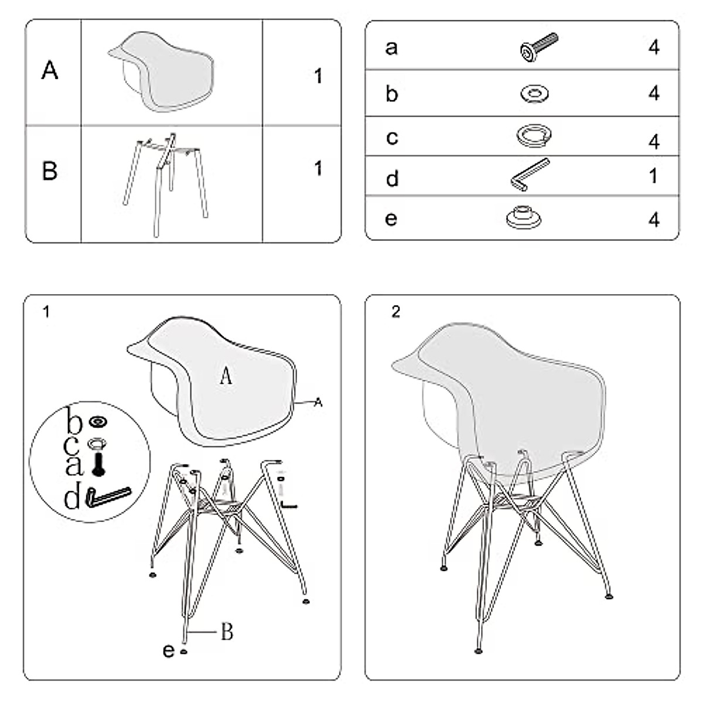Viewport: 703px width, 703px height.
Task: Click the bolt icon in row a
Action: point(538,47)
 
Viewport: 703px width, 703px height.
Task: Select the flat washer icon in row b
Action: point(534,93)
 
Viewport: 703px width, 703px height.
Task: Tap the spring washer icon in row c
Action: point(534,135)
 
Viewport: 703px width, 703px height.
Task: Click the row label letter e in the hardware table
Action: point(391,219)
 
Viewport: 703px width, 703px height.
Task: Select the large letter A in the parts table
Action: point(50,71)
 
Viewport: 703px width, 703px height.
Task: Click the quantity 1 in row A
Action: point(318,76)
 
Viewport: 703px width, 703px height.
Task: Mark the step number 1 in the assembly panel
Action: point(46,312)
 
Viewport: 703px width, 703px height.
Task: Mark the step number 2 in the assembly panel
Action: point(396,312)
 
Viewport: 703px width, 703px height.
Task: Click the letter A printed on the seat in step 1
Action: point(226,376)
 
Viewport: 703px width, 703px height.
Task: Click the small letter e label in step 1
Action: point(168,650)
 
